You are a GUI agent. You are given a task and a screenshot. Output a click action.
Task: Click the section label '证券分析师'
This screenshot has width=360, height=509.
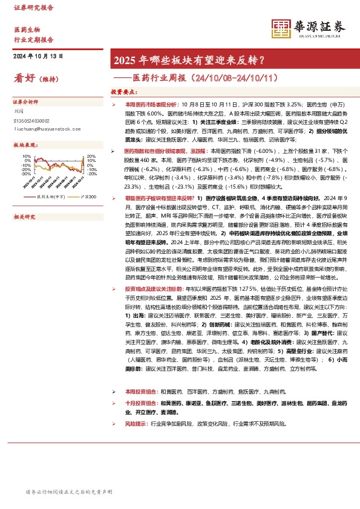[26, 103]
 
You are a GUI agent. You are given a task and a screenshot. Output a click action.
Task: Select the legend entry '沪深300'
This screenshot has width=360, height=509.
[85, 196]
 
